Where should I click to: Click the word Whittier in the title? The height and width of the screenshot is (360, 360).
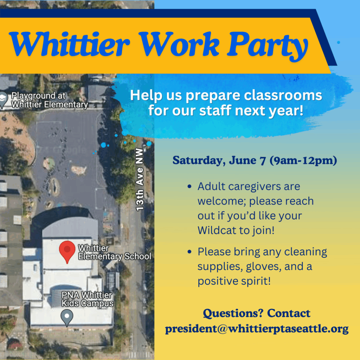coord(69,44)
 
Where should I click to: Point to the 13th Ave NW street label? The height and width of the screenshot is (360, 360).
coord(140,180)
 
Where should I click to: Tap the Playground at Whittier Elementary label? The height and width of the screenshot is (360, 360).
coord(50,100)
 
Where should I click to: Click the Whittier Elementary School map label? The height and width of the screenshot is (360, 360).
coord(115,252)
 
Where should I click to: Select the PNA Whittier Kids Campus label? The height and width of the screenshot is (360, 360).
coord(87,299)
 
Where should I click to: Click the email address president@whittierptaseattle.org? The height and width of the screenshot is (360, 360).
coord(257,329)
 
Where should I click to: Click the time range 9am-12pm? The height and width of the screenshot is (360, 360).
coord(303,160)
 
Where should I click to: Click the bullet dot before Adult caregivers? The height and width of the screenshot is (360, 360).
coord(189,186)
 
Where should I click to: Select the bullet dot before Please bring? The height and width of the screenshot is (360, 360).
coord(189,252)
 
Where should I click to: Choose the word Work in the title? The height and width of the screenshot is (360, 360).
coord(179,44)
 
